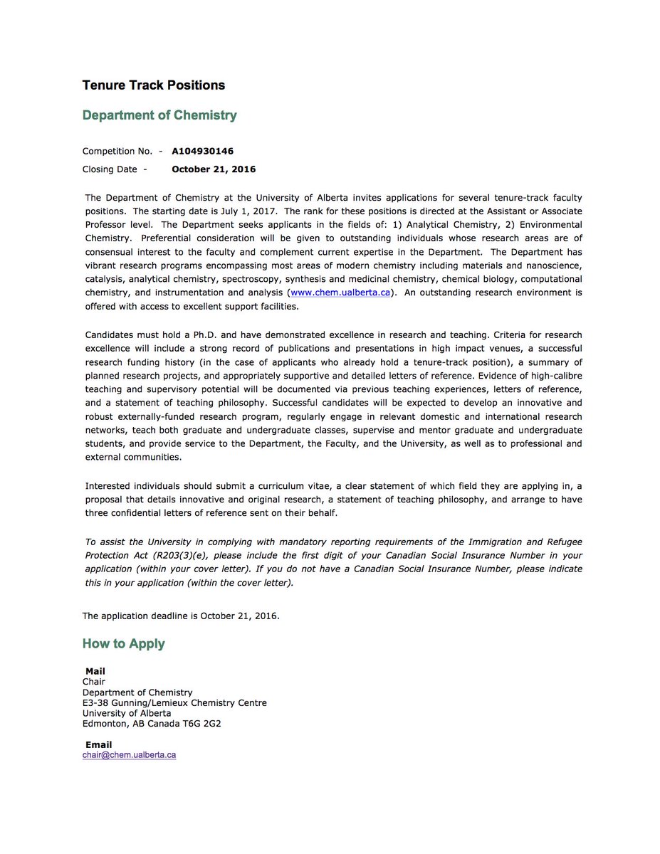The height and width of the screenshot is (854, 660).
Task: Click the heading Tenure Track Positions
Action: click(x=153, y=85)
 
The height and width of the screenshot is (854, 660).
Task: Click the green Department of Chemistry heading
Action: click(x=159, y=115)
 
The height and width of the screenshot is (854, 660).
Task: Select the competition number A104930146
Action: click(x=202, y=151)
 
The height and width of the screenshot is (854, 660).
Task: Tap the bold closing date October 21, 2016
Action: click(x=214, y=169)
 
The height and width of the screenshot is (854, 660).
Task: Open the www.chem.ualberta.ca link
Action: click(x=340, y=293)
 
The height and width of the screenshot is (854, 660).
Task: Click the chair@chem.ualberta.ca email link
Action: click(x=129, y=755)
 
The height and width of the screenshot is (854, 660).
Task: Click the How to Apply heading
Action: click(x=123, y=644)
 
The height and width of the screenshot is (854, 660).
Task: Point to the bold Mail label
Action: click(x=95, y=671)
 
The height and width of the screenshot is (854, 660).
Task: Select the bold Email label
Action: click(x=98, y=745)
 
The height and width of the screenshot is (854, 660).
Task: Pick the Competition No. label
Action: click(x=118, y=151)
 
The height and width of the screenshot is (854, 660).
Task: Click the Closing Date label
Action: click(x=112, y=169)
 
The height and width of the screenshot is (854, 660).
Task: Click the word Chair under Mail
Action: click(x=93, y=682)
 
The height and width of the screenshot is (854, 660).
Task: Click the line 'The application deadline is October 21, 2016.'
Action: click(x=181, y=616)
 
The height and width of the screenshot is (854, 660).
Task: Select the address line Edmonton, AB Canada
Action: click(x=131, y=724)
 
